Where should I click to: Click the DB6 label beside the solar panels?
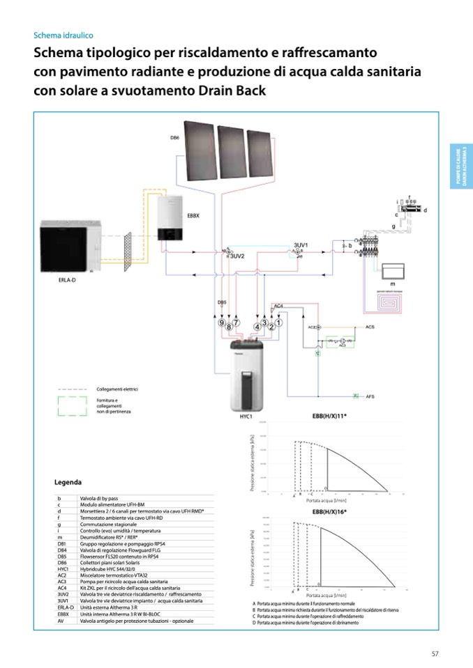tap(174, 138)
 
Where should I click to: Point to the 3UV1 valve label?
tap(301, 246)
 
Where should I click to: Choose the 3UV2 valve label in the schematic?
tap(237, 256)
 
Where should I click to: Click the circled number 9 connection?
tap(222, 323)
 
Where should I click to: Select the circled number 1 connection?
tap(278, 323)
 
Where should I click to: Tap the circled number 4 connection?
tap(257, 326)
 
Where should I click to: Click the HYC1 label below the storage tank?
tap(245, 417)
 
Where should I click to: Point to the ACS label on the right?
tap(370, 326)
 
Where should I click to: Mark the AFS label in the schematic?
tap(370, 396)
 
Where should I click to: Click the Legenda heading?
tap(68, 482)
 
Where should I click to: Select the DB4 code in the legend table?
tap(62, 549)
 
